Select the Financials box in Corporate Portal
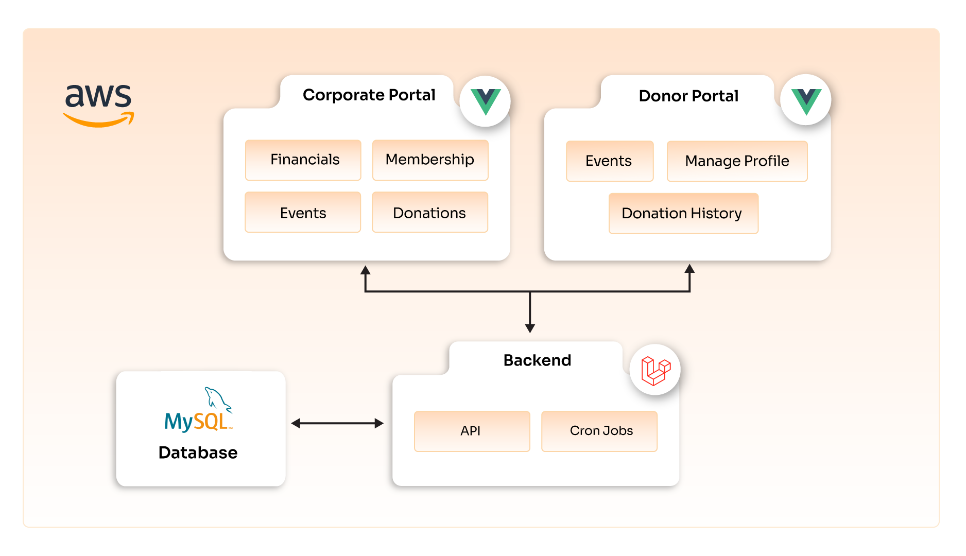click(x=303, y=160)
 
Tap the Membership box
click(x=430, y=160)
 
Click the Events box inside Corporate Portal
click(x=303, y=213)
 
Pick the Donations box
click(x=429, y=213)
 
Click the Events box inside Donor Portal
click(x=609, y=161)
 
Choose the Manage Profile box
click(x=737, y=161)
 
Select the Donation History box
click(x=683, y=214)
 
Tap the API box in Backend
click(x=472, y=431)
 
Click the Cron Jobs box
click(x=599, y=431)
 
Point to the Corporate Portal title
click(x=369, y=95)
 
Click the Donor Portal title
click(x=688, y=96)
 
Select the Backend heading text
click(x=537, y=360)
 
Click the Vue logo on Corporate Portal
click(x=485, y=101)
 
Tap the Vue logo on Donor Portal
click(x=806, y=100)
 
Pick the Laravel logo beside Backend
click(x=655, y=370)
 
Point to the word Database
click(x=198, y=453)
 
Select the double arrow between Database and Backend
click(x=337, y=423)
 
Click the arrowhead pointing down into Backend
click(x=530, y=328)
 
